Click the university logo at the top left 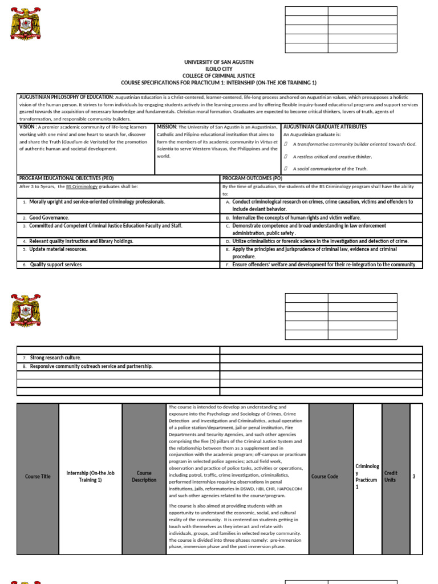click(26, 24)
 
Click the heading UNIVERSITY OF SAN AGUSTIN click(219, 62)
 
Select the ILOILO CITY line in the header click(219, 68)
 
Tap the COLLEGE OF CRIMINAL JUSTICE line click(219, 76)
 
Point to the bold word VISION click(27, 127)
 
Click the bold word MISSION click(167, 127)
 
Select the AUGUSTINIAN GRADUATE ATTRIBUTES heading click(325, 127)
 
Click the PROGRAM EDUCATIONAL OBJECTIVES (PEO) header click(67, 179)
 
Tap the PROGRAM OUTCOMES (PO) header click(252, 179)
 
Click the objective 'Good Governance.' click(49, 218)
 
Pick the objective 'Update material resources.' click(58, 249)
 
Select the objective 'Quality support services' click(56, 265)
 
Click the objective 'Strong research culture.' click(55, 358)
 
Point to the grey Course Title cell click(38, 476)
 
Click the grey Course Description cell click(144, 476)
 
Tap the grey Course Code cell click(325, 476)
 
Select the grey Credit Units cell click(391, 476)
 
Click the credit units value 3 click(414, 476)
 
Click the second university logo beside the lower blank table click(26, 310)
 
